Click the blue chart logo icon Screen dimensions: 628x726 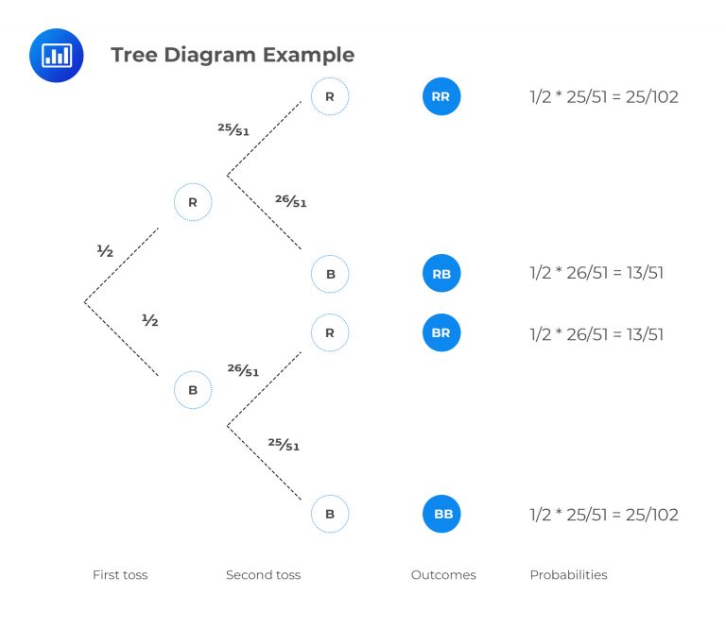(x=57, y=56)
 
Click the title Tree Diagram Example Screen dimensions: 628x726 (x=233, y=55)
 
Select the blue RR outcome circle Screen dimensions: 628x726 (x=441, y=96)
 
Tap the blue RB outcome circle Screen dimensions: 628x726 (x=441, y=274)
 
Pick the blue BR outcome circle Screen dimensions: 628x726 (x=441, y=333)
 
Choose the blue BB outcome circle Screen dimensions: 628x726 (x=441, y=515)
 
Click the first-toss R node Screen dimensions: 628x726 (x=193, y=202)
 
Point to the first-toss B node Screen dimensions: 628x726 (x=193, y=389)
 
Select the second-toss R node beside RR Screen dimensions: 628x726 (x=330, y=96)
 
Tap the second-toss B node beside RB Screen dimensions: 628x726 (x=330, y=274)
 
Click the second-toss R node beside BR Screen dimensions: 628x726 (x=330, y=333)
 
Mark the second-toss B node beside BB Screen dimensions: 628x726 (x=330, y=515)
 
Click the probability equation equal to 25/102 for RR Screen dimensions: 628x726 (x=604, y=97)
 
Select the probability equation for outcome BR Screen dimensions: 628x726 (x=596, y=334)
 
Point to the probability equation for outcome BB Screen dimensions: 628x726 (x=604, y=516)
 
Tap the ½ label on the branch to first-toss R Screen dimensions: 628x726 (x=105, y=251)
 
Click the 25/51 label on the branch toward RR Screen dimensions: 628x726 (x=233, y=129)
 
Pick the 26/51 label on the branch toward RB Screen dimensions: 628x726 (x=290, y=200)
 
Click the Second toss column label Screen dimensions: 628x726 (x=263, y=574)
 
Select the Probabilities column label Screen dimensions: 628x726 (x=568, y=574)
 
